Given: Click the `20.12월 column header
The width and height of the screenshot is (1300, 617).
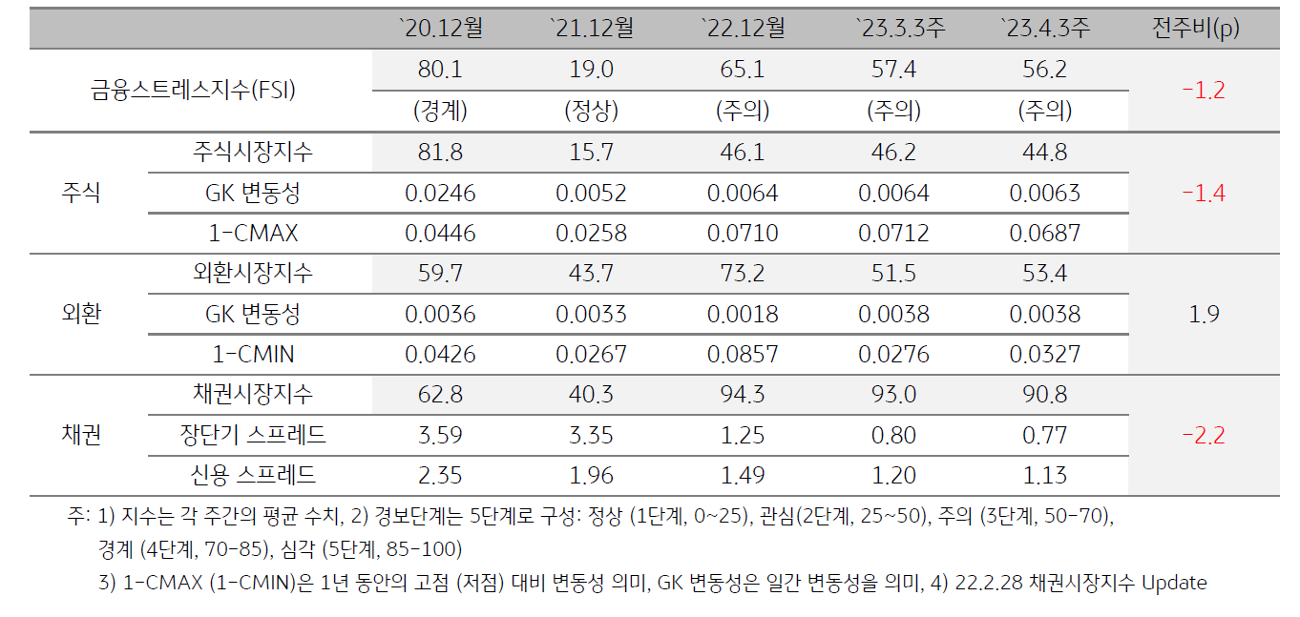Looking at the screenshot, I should pos(440,29).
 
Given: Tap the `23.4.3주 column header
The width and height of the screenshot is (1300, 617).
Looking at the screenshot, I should pos(1045,29).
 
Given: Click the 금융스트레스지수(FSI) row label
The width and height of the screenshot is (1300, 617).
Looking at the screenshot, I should pos(193,91).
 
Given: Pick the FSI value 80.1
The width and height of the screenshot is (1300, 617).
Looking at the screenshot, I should pos(440,71).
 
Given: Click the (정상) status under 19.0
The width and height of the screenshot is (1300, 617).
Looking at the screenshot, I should pos(591,112).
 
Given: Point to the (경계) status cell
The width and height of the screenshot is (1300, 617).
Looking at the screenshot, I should pos(440,112).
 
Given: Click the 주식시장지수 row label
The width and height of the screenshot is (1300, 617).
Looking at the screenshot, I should pos(252,153).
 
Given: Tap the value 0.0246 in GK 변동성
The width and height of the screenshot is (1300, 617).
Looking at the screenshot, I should pos(440,194).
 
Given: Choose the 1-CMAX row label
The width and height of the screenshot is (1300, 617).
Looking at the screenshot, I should pos(254,234).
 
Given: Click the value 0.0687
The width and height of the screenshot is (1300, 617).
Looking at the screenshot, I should pos(1045,234).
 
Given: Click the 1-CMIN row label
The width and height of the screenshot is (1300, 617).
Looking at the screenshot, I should pos(254,355).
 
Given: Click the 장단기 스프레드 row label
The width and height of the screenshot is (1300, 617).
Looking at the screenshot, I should pos(253,436).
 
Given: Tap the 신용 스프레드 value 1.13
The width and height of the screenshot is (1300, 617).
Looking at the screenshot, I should pos(1045,476).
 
